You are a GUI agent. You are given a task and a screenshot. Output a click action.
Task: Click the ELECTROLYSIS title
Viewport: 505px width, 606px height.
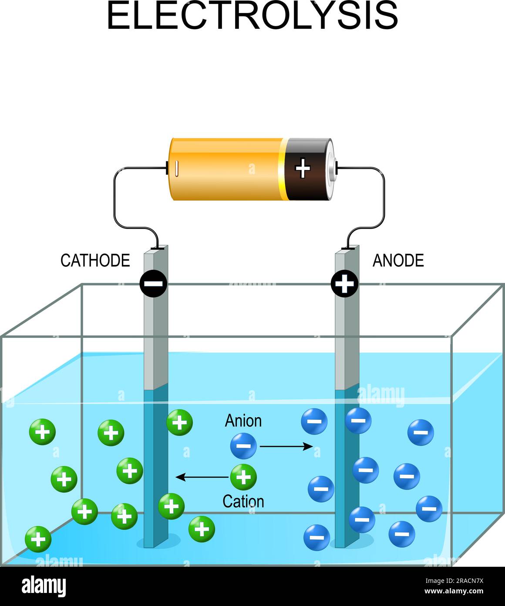[x=252, y=16]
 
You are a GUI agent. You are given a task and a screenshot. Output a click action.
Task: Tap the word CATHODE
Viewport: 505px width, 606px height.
[x=95, y=261]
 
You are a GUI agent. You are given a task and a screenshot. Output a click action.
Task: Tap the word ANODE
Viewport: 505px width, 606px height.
[x=398, y=261]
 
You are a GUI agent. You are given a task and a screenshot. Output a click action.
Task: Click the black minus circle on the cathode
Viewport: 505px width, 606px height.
[x=153, y=284]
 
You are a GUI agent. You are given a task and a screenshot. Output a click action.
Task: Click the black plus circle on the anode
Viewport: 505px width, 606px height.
[x=345, y=284]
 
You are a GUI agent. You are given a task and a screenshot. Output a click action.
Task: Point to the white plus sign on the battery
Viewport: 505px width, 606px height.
[x=303, y=168]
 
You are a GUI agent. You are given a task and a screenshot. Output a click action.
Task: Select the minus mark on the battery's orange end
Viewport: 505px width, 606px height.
[x=177, y=169]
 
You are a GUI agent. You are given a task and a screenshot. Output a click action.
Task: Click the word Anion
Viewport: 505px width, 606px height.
[x=243, y=421]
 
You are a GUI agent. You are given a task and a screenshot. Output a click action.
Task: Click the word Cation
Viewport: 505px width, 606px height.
[x=243, y=501]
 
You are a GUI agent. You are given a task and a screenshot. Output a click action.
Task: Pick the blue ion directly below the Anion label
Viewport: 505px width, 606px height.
[x=243, y=446]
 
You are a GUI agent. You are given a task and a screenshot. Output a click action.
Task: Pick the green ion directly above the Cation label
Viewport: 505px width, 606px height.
[x=243, y=477]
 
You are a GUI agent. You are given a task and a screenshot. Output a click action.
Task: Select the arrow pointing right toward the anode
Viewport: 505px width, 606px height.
[x=286, y=446]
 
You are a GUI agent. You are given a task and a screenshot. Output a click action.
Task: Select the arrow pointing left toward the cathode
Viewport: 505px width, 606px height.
[x=202, y=477]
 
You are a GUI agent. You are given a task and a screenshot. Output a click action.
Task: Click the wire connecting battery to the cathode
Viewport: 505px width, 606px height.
[x=115, y=196]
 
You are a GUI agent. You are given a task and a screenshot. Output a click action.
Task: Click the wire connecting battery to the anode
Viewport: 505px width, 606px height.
[x=384, y=196]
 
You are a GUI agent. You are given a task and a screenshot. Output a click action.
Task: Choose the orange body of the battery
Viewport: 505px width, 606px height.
[x=226, y=169]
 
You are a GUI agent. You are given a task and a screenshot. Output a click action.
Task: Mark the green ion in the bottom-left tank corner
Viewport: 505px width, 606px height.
[x=38, y=539]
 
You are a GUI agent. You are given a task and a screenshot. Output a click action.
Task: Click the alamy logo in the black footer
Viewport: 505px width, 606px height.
[x=44, y=586]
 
